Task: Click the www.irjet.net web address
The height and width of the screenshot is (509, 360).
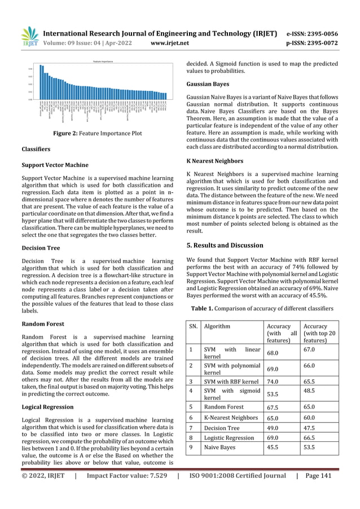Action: [x=172, y=41]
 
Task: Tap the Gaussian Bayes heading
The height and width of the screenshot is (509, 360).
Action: [x=208, y=84]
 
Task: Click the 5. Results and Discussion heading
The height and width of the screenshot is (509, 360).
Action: [x=225, y=245]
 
